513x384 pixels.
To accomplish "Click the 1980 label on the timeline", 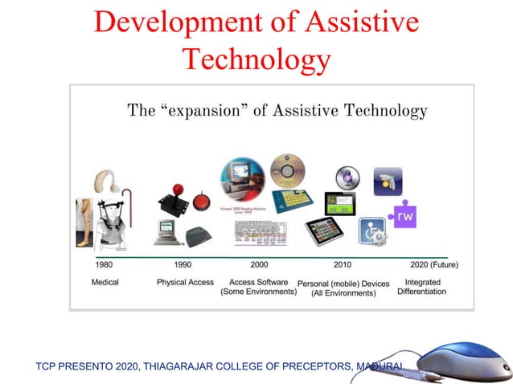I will (104, 264).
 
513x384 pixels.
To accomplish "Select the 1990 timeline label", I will (183, 264).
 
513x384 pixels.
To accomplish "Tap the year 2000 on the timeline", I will (259, 264).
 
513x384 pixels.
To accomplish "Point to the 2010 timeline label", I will (343, 264).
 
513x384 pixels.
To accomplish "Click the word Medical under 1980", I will (105, 283).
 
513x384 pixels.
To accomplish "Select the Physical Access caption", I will (185, 283).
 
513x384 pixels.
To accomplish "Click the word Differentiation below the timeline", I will (421, 292).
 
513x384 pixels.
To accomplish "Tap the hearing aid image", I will (105, 182).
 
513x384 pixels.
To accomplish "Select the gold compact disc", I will (287, 170).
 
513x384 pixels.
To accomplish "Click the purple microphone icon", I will (347, 178).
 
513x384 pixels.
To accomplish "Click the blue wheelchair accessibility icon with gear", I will (371, 231).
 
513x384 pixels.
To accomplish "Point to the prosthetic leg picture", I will (84, 221).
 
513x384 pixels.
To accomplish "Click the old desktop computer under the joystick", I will (168, 231).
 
